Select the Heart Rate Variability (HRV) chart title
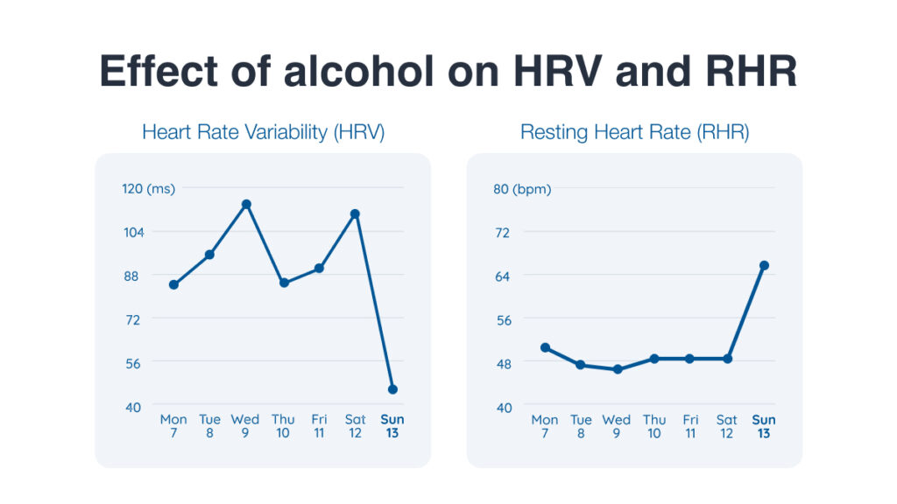click(263, 133)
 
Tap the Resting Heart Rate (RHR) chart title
click(634, 133)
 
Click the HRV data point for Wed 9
click(246, 204)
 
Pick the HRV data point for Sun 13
click(392, 389)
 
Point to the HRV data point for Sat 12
click(356, 213)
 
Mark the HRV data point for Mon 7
click(173, 284)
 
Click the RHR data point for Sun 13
click(764, 265)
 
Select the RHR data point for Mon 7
click(545, 347)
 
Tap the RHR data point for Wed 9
click(618, 369)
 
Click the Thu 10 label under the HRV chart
click(283, 426)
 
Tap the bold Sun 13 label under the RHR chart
click(764, 426)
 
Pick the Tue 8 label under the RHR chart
click(581, 426)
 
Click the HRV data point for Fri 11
click(319, 269)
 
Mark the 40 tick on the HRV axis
click(132, 406)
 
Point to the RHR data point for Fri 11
click(690, 359)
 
